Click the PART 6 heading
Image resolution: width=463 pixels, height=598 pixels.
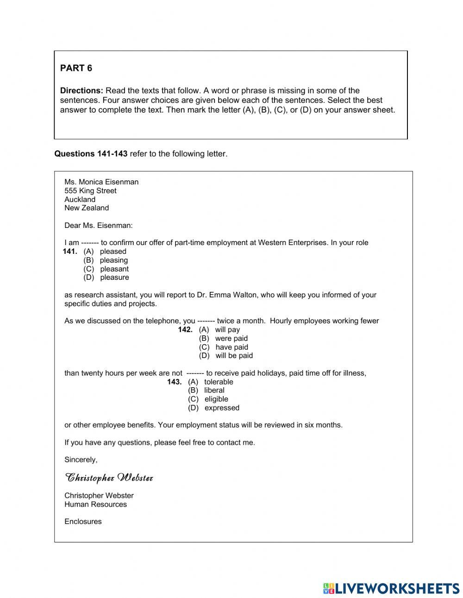76,68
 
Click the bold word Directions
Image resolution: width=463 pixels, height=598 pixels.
81,90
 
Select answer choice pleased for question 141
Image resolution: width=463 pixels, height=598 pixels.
113,252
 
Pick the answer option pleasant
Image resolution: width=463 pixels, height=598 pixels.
114,269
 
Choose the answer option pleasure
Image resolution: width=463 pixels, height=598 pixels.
114,277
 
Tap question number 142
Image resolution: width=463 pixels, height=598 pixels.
185,330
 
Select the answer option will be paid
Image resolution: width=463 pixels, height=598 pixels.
234,356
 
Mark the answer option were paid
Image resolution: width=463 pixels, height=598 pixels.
231,339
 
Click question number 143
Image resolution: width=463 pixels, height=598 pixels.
174,382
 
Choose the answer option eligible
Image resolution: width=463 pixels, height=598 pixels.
216,399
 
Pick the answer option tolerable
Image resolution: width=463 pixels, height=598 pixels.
219,382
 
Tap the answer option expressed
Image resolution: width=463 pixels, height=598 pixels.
222,408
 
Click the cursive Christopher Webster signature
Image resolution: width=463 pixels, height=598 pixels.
109,478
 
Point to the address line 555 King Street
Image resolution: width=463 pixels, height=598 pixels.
90,191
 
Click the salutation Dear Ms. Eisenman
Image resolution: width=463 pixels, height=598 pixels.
98,226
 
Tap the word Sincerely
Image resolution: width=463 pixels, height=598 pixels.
81,460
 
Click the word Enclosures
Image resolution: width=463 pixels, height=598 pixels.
83,522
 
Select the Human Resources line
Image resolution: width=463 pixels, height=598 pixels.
95,504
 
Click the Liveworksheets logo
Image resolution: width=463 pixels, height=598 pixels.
391,588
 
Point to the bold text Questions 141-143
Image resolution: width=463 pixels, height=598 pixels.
91,154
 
